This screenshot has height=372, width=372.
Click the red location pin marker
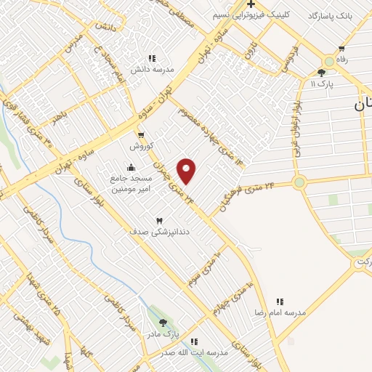tap(187, 171)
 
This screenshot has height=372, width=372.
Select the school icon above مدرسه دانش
tap(151, 59)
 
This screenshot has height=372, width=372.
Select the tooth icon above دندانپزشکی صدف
tap(160, 220)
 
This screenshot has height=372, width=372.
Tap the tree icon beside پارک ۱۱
tap(321, 73)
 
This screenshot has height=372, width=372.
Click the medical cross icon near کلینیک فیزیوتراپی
tap(250, 5)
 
